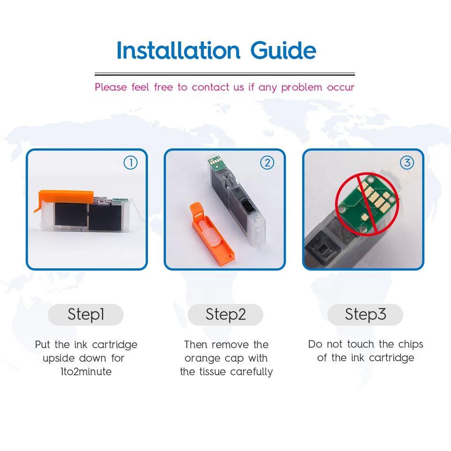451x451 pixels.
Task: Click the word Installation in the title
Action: pos(178,50)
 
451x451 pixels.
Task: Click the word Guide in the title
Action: pos(283,50)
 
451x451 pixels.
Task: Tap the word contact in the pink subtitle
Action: pos(210,87)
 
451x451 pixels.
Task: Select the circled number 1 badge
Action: pos(131,163)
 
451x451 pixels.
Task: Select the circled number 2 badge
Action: pos(267,163)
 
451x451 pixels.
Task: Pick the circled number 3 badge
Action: pos(407,163)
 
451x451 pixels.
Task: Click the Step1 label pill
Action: pos(86,314)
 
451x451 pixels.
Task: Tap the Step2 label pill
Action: pos(225,314)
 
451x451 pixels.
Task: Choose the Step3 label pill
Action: pos(365,314)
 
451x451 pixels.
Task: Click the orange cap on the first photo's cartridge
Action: pos(65,196)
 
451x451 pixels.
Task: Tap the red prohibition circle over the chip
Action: pos(367,204)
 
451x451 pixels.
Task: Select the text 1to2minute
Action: pos(86,372)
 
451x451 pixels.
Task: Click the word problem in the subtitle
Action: pos(302,87)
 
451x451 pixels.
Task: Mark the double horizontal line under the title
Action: pos(225,74)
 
